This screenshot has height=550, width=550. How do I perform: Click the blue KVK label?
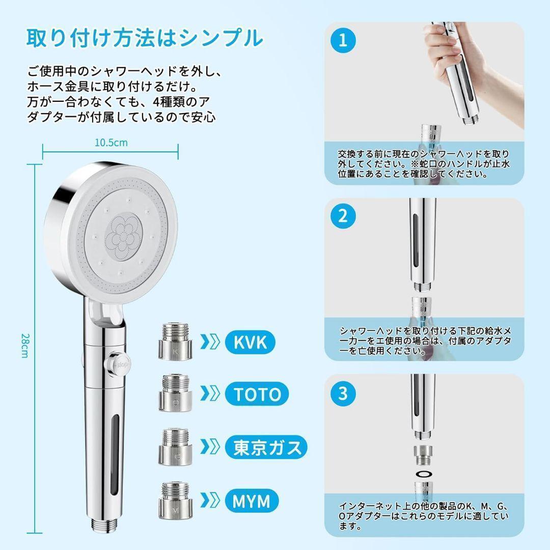(250, 342)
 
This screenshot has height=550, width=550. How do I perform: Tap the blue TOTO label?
(257, 394)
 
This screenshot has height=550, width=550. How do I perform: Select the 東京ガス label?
(266, 447)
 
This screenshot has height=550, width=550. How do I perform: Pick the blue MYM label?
(252, 501)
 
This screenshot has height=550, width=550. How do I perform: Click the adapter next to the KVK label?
(175, 342)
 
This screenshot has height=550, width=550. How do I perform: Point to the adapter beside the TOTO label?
(175, 393)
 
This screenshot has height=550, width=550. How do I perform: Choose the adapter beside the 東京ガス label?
(175, 447)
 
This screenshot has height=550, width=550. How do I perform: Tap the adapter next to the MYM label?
(175, 500)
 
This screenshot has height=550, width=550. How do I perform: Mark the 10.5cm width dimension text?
(111, 143)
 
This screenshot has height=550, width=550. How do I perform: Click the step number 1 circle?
(343, 40)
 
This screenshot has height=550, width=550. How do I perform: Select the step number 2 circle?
(343, 216)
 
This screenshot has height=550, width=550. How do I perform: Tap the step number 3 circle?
(343, 393)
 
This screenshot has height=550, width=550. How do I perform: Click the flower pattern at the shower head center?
(123, 237)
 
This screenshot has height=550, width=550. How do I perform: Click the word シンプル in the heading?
(221, 38)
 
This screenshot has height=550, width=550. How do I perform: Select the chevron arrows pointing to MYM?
(210, 501)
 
